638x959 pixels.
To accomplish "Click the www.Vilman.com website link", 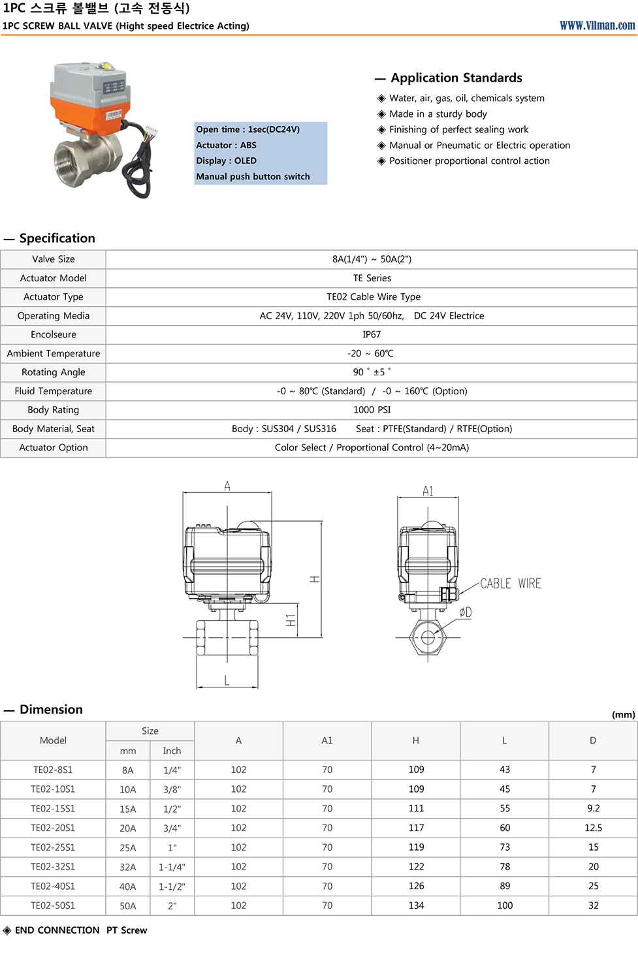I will pyautogui.click(x=597, y=25).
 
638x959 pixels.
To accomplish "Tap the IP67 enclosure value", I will pyautogui.click(x=372, y=334).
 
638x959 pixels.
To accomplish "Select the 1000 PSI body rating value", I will pyautogui.click(x=372, y=410).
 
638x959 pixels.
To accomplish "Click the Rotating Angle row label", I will pyautogui.click(x=54, y=372).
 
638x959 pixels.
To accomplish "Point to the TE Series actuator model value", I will pyautogui.click(x=372, y=278).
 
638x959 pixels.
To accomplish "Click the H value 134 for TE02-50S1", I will pyautogui.click(x=416, y=905).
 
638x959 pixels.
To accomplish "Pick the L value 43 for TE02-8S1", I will pyautogui.click(x=505, y=770).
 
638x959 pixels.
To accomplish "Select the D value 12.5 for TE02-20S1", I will pyautogui.click(x=593, y=828).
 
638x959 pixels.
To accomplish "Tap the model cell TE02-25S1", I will pyautogui.click(x=53, y=847).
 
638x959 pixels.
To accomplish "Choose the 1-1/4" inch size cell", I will pyautogui.click(x=172, y=867).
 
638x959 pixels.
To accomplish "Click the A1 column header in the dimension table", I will pyautogui.click(x=327, y=740).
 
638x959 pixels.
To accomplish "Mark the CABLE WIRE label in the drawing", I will pyautogui.click(x=511, y=584).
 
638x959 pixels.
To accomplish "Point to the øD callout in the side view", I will pyautogui.click(x=465, y=612).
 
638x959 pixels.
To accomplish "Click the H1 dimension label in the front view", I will pyautogui.click(x=291, y=620).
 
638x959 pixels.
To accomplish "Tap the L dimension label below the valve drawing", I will pyautogui.click(x=227, y=680).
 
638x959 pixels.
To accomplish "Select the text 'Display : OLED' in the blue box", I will pyautogui.click(x=227, y=161).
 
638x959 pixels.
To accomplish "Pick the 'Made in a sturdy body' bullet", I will pyautogui.click(x=438, y=114).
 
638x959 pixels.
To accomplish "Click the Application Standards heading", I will pyautogui.click(x=456, y=78).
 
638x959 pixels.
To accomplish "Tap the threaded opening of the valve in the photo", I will pyautogui.click(x=70, y=161).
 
